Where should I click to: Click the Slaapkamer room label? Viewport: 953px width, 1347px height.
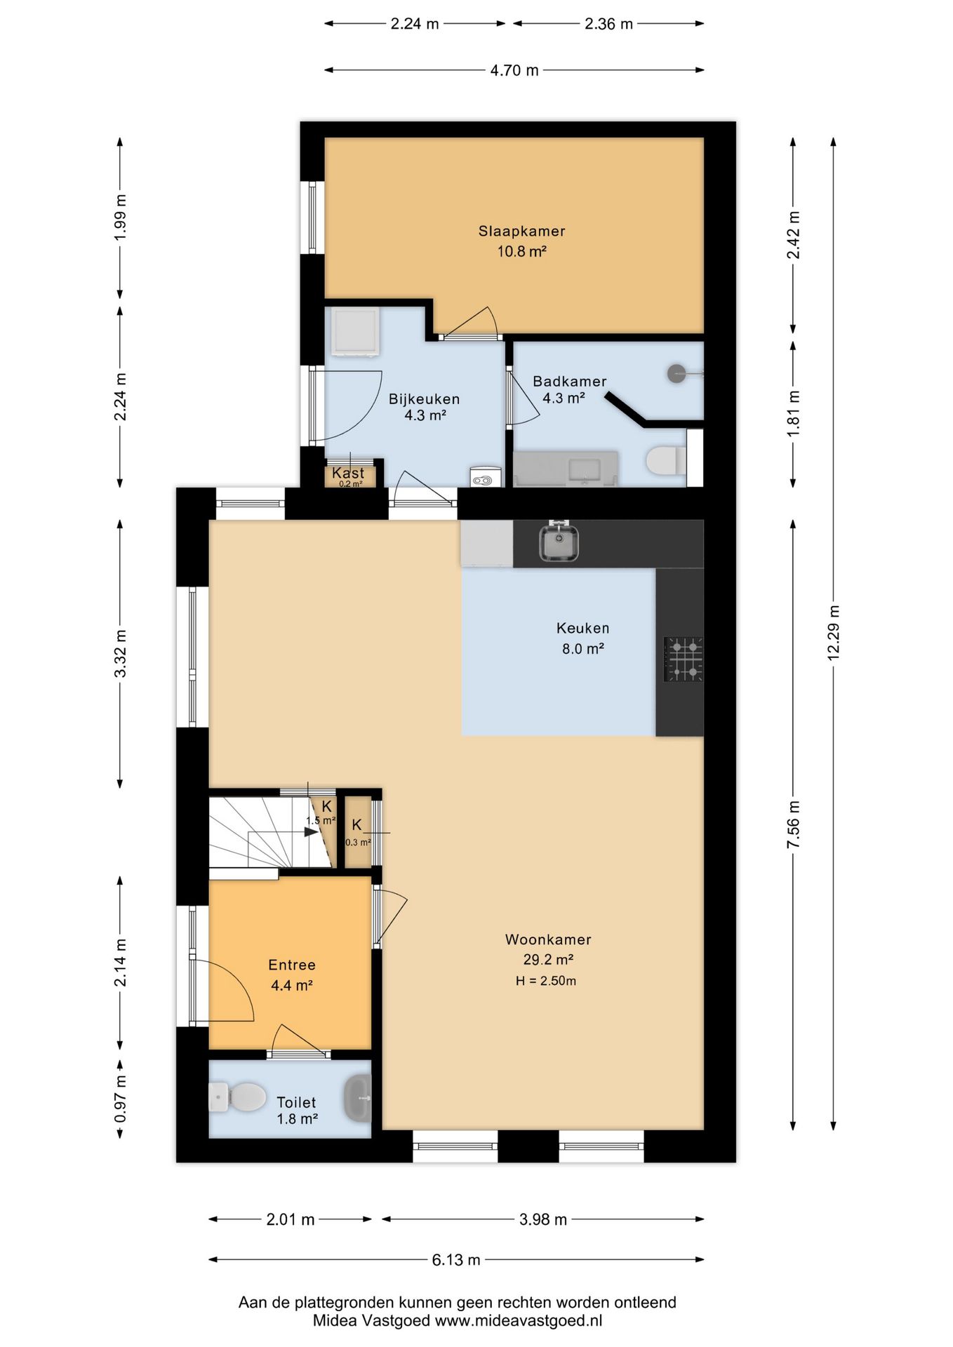[521, 231]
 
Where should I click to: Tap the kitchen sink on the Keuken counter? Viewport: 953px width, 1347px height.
[559, 542]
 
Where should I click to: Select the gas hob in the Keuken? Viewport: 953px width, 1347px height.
[684, 659]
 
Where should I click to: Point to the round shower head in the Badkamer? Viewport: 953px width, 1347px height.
[677, 373]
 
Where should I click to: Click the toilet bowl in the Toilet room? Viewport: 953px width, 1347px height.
[238, 1097]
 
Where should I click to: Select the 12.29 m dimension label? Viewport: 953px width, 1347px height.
[833, 632]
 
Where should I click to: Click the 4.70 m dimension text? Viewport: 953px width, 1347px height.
[514, 70]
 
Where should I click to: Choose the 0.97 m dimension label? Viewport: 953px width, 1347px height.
[121, 1099]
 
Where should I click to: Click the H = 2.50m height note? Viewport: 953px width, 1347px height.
[546, 981]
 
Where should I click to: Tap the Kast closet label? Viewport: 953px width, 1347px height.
[348, 473]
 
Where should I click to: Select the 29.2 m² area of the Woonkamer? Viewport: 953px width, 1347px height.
[548, 959]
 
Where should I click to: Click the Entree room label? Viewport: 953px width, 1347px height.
[292, 965]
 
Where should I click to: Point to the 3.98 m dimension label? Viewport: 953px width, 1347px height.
[543, 1219]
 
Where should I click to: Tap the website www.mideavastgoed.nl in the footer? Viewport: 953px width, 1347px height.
[519, 1320]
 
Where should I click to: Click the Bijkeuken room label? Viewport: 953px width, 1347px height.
[425, 399]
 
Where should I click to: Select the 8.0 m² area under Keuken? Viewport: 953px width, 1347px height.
[583, 649]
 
